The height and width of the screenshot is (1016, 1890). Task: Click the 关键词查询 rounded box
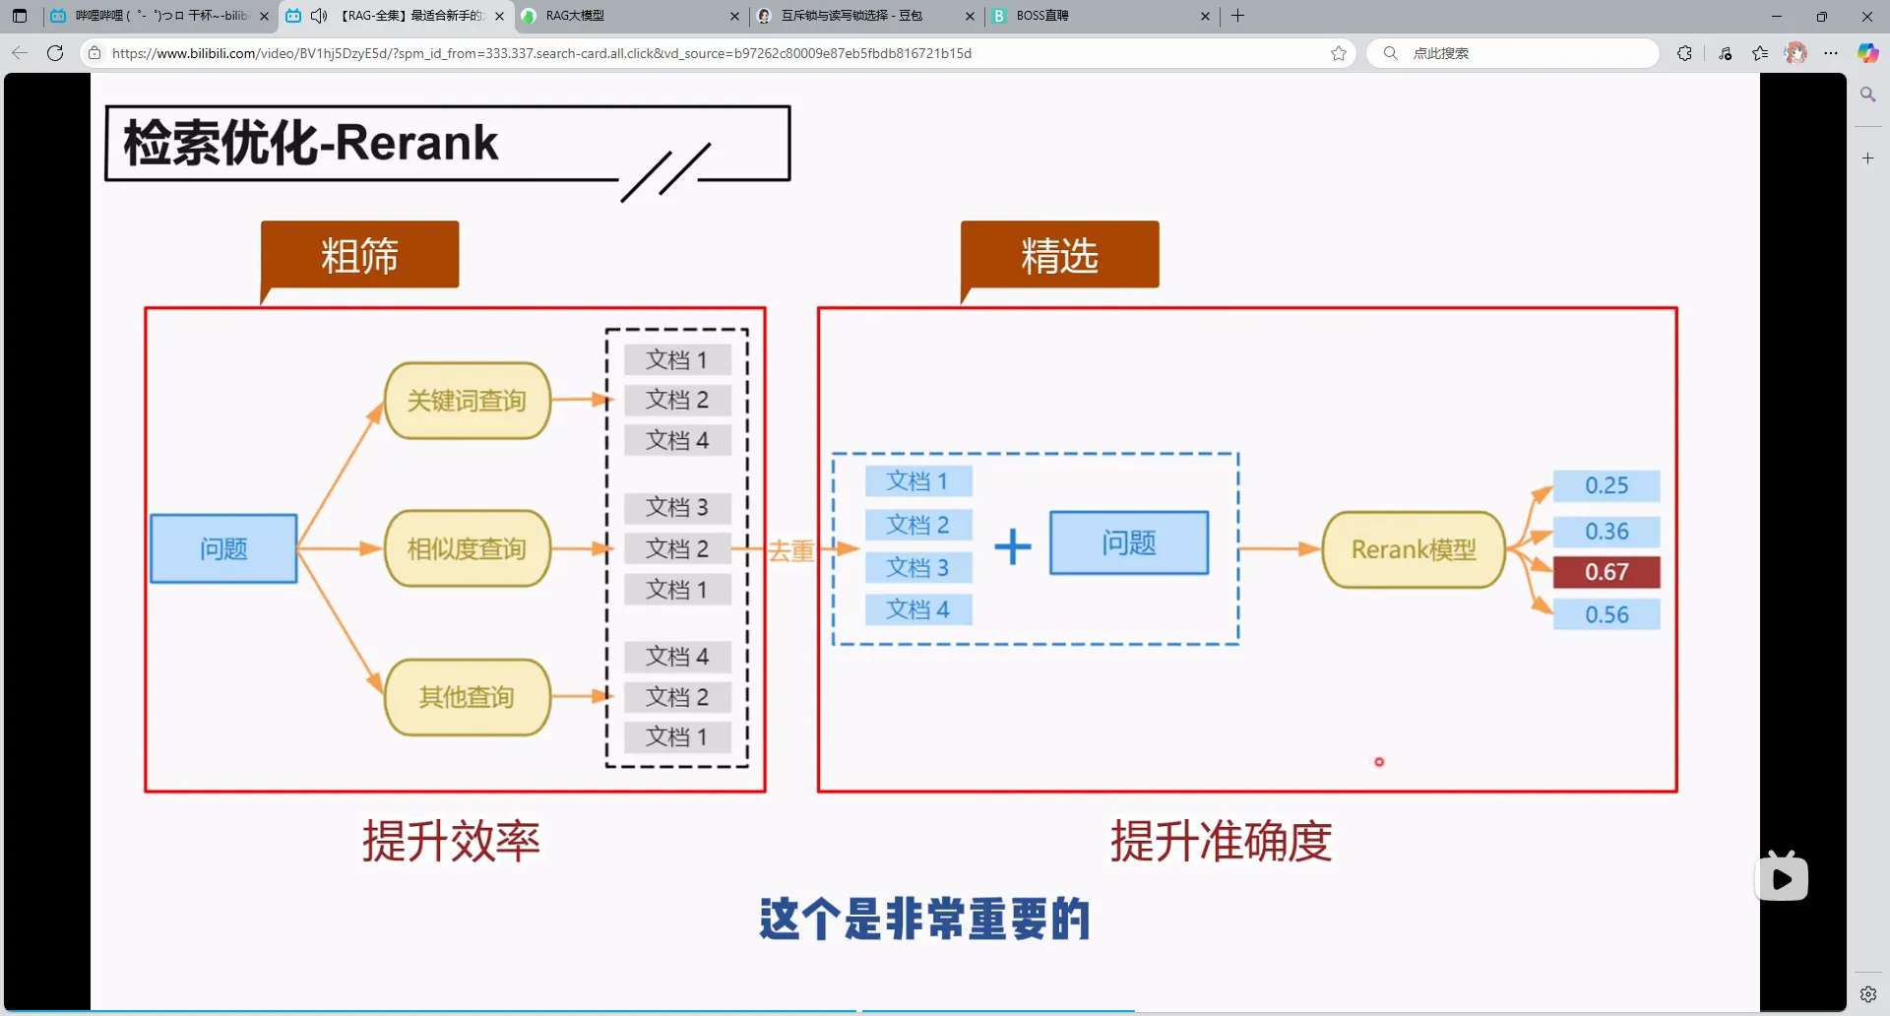[x=467, y=401]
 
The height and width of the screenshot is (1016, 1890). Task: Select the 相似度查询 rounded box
[x=467, y=548]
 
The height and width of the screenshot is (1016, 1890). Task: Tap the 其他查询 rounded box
[x=467, y=697]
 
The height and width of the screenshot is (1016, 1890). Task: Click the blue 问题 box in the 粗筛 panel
[x=223, y=548]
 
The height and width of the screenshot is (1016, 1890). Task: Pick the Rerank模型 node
[x=1414, y=549]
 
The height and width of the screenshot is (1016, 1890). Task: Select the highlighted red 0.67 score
[x=1606, y=572]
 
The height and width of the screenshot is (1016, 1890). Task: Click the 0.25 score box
[x=1606, y=485]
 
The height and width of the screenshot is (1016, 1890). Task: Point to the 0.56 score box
[x=1606, y=614]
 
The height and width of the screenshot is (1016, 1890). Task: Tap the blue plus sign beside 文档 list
[x=1012, y=546]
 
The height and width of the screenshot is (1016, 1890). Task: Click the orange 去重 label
[x=790, y=550]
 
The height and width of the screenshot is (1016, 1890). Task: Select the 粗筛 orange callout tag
[x=359, y=256]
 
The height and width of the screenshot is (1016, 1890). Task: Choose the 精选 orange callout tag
[x=1059, y=256]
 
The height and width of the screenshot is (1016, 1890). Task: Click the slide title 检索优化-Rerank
[x=311, y=143]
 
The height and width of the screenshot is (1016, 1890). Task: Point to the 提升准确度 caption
[x=1221, y=841]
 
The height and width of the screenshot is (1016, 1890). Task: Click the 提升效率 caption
[x=451, y=841]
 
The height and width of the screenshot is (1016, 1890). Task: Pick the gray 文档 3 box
[x=677, y=507]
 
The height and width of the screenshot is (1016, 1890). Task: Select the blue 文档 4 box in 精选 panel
[x=917, y=609]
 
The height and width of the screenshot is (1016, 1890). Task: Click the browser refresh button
[x=55, y=53]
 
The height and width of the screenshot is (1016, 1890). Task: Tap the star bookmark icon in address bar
[x=1339, y=53]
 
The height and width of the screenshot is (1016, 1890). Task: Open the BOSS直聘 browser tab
[x=1093, y=16]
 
